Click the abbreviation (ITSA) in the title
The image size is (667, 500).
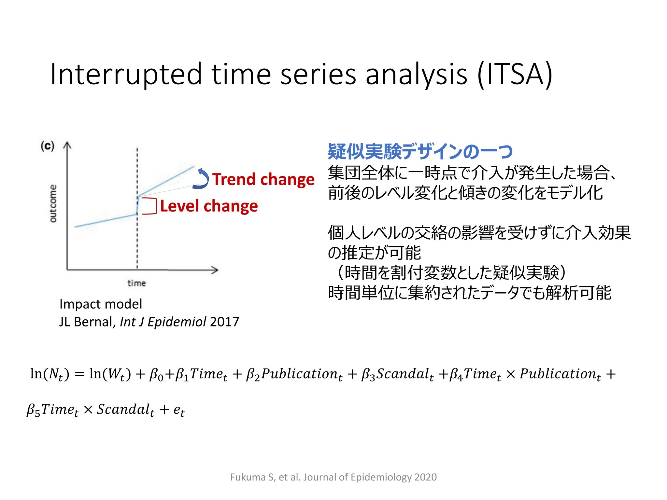tap(515, 75)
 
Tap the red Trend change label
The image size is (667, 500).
tap(263, 180)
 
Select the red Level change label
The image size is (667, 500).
tap(209, 206)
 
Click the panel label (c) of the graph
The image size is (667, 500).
tap(47, 146)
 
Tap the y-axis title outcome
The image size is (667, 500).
tap(53, 203)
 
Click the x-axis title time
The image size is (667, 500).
tap(136, 283)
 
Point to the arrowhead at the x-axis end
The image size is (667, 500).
tap(215, 270)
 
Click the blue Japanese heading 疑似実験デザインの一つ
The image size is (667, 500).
tap(420, 151)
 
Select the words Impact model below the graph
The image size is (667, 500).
tap(101, 304)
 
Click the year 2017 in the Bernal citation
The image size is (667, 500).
tap(225, 322)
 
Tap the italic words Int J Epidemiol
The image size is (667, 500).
tap(163, 322)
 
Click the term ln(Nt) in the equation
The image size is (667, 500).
tap(50, 374)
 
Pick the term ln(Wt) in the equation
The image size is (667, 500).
tap(110, 374)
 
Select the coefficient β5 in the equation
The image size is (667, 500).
tap(33, 410)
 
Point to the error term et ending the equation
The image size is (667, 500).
tap(179, 411)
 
